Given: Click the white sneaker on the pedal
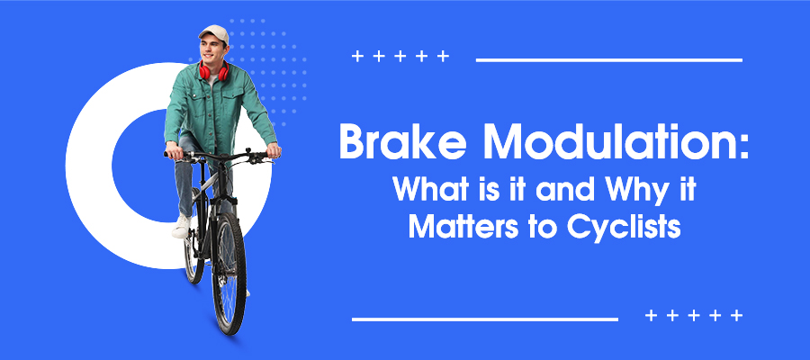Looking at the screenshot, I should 181,226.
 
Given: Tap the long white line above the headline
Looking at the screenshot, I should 608,60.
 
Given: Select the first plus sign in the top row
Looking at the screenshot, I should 357,58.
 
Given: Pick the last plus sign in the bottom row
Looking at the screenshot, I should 737,316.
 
